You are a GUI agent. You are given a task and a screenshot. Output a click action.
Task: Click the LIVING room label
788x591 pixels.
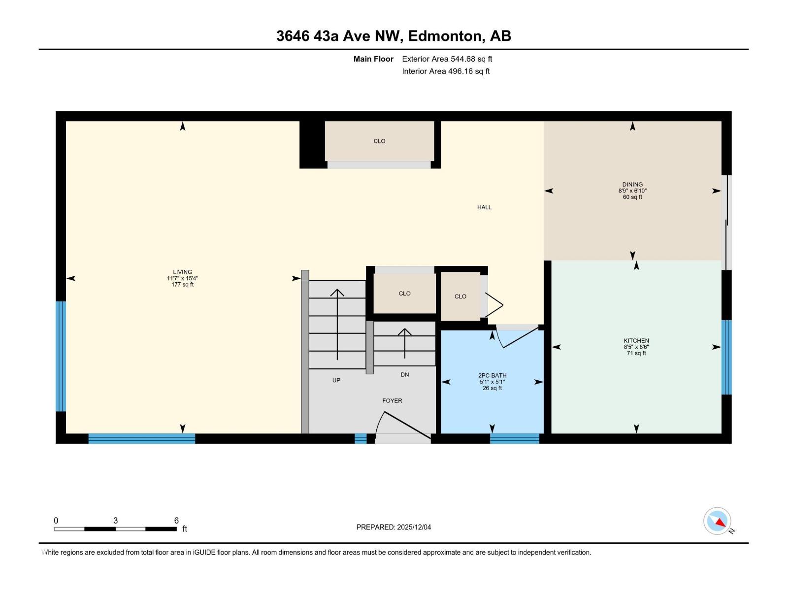pos(182,272)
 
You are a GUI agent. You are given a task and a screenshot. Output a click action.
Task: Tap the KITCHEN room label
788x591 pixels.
pos(636,340)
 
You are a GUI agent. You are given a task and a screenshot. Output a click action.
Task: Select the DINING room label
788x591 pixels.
pos(632,184)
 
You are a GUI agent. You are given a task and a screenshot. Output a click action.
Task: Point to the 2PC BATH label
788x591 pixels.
pos(492,375)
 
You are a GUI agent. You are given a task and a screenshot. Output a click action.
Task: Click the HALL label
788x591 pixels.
pos(484,207)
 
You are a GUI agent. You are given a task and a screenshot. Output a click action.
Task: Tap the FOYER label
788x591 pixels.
pos(392,400)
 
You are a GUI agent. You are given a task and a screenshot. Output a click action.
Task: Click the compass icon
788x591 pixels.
pos(717,521)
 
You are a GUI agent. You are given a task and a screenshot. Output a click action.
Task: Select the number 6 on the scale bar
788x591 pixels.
pos(176,520)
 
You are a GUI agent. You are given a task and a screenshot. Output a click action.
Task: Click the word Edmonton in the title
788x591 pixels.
pos(445,36)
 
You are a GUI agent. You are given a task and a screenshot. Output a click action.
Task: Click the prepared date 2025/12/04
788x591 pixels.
pos(414,527)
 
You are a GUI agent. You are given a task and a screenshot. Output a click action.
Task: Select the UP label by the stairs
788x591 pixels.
pos(336,380)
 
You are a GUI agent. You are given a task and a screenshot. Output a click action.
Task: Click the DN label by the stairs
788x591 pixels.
pos(405,375)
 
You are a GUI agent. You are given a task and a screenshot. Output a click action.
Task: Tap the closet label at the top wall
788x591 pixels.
pos(379,141)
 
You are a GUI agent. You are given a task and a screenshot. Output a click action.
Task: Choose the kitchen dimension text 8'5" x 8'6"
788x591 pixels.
pos(636,347)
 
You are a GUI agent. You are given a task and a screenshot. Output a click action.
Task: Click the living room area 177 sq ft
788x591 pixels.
pos(182,285)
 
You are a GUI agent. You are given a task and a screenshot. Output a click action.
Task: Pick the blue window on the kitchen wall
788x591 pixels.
pos(726,357)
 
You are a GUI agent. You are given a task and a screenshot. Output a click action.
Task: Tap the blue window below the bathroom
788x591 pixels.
pos(515,438)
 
